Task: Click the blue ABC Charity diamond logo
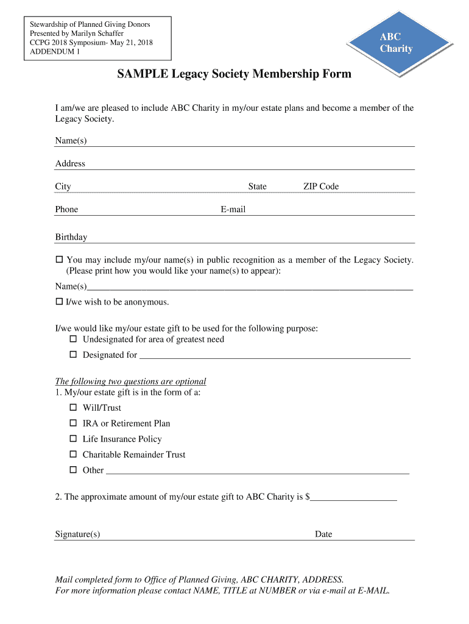click(x=397, y=43)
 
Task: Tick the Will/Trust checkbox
click(x=73, y=407)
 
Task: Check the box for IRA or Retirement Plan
click(x=73, y=423)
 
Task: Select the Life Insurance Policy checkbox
click(x=73, y=439)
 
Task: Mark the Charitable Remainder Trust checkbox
click(x=73, y=455)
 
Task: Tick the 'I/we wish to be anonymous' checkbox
click(x=59, y=302)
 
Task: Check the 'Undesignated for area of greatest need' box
click(x=73, y=339)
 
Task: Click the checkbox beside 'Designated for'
click(x=73, y=355)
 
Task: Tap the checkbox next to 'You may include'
click(x=59, y=260)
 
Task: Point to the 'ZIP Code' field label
click(x=321, y=186)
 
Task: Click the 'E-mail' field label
click(x=233, y=210)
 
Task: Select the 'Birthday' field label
click(x=71, y=237)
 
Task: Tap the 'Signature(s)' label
click(x=78, y=534)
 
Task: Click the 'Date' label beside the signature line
click(x=323, y=534)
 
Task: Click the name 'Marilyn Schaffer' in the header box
click(x=97, y=34)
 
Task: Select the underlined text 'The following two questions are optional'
click(x=130, y=381)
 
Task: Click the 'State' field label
click(x=257, y=186)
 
